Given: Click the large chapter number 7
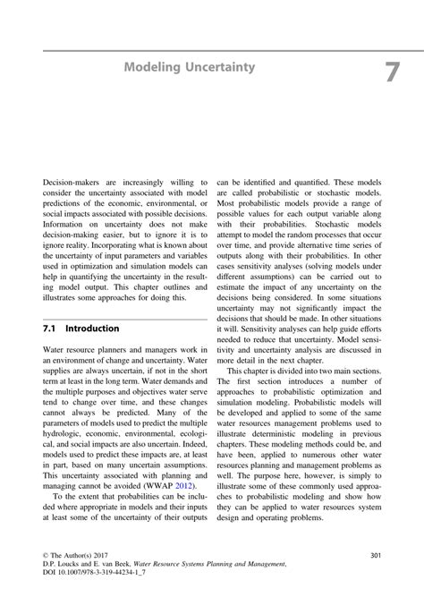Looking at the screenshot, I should [x=391, y=72].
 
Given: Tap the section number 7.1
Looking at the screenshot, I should [x=52, y=329].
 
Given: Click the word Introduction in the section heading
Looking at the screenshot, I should [x=92, y=329].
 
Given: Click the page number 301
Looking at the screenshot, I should [x=375, y=556].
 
